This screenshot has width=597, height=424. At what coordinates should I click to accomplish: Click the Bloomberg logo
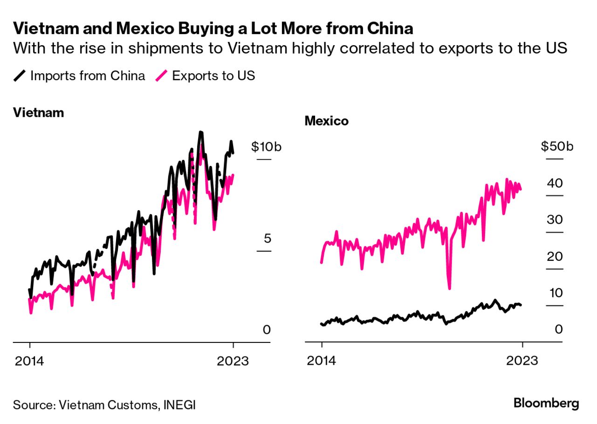pyautogui.click(x=546, y=403)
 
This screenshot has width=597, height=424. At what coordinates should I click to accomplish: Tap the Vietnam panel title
pyautogui.click(x=38, y=113)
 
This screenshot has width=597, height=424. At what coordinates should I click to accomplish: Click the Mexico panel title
pyautogui.click(x=326, y=121)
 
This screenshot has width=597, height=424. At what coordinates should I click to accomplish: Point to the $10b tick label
pyautogui.click(x=266, y=147)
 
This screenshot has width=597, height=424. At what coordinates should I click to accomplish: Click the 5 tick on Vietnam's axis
pyautogui.click(x=267, y=239)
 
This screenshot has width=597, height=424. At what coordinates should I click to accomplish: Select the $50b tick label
pyautogui.click(x=557, y=147)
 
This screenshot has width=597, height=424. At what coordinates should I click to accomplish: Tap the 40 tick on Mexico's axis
pyautogui.click(x=556, y=183)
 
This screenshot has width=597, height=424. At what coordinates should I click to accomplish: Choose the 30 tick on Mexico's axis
pyautogui.click(x=556, y=220)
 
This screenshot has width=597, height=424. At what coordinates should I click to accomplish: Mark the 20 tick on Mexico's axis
pyautogui.click(x=556, y=257)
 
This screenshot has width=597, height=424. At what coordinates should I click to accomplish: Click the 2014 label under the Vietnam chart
pyautogui.click(x=29, y=361)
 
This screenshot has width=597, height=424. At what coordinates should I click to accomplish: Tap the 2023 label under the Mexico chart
pyautogui.click(x=522, y=361)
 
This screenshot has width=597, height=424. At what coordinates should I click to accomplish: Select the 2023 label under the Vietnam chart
pyautogui.click(x=233, y=361)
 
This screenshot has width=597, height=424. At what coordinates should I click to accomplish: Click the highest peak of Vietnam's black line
pyautogui.click(x=200, y=132)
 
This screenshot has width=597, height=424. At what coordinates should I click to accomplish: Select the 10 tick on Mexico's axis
pyautogui.click(x=556, y=293)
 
